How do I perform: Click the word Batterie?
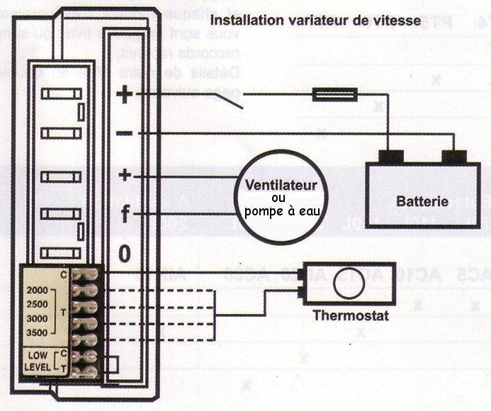point(422,201)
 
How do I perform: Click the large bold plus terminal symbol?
point(124,94)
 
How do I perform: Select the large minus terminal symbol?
point(124,133)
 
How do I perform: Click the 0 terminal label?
point(125,254)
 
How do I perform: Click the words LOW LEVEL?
point(38,361)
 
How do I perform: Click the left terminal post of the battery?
point(390,156)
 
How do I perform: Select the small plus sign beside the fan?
point(125,174)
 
